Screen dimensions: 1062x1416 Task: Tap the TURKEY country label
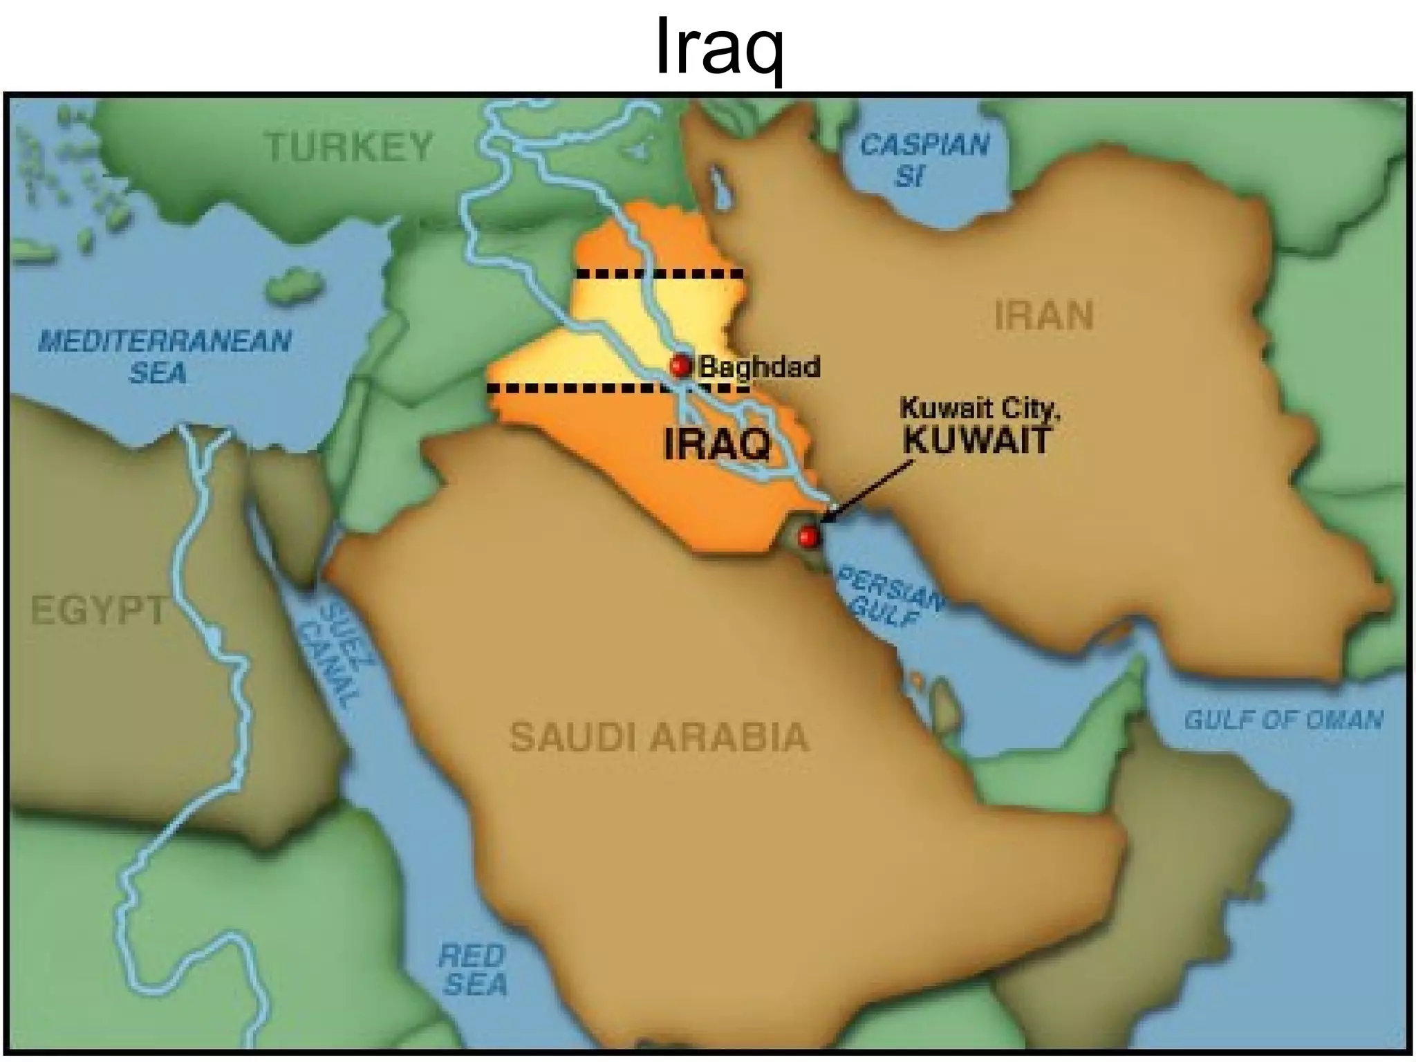pos(349,147)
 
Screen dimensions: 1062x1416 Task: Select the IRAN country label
pos(1044,316)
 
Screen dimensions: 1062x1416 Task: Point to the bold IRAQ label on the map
pos(717,444)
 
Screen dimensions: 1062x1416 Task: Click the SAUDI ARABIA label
pos(658,736)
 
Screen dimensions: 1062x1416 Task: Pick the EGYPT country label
pos(98,610)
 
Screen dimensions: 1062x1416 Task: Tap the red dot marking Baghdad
pos(681,365)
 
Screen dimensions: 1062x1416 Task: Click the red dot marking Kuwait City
pos(808,536)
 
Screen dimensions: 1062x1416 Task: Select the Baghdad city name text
pos(759,366)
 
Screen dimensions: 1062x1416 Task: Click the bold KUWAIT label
pos(976,440)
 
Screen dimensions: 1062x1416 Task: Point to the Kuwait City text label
pos(979,409)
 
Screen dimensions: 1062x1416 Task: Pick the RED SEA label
pos(473,970)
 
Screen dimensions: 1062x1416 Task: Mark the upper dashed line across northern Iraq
pos(660,274)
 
